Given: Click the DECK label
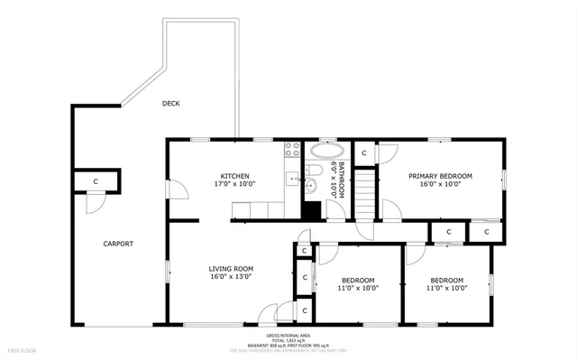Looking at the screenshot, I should point(170,104).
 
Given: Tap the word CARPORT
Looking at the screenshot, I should point(117,244).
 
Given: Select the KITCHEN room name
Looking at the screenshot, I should point(234,176).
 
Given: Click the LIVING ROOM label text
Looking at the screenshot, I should point(231,268).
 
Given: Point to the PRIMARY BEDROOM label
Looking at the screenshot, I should point(440,176).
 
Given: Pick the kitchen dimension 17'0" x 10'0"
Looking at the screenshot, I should point(234,184).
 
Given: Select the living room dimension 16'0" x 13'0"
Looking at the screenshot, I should point(231,277).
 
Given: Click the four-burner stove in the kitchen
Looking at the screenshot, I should point(293,150).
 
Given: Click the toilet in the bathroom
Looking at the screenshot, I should point(315,169).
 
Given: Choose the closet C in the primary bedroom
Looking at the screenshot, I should point(363,152).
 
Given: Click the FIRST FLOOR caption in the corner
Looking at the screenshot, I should point(23,350).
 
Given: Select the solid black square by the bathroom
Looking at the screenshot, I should point(311,211).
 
